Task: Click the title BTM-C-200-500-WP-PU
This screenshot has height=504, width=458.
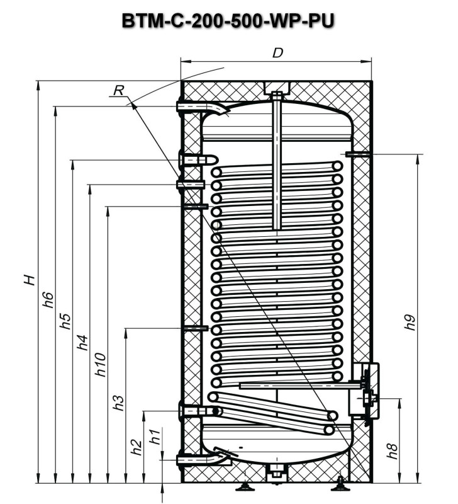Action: click(228, 20)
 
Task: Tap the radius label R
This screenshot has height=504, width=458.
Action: click(118, 91)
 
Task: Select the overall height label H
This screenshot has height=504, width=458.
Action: click(30, 279)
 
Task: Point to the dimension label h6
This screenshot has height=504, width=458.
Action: click(48, 299)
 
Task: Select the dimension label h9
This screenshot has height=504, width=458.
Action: click(410, 321)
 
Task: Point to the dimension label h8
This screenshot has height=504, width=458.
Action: click(393, 450)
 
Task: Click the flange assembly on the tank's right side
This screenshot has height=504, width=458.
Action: click(367, 391)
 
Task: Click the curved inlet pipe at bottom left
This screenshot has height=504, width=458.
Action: click(203, 459)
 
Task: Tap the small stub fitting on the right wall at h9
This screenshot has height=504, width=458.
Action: click(352, 153)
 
